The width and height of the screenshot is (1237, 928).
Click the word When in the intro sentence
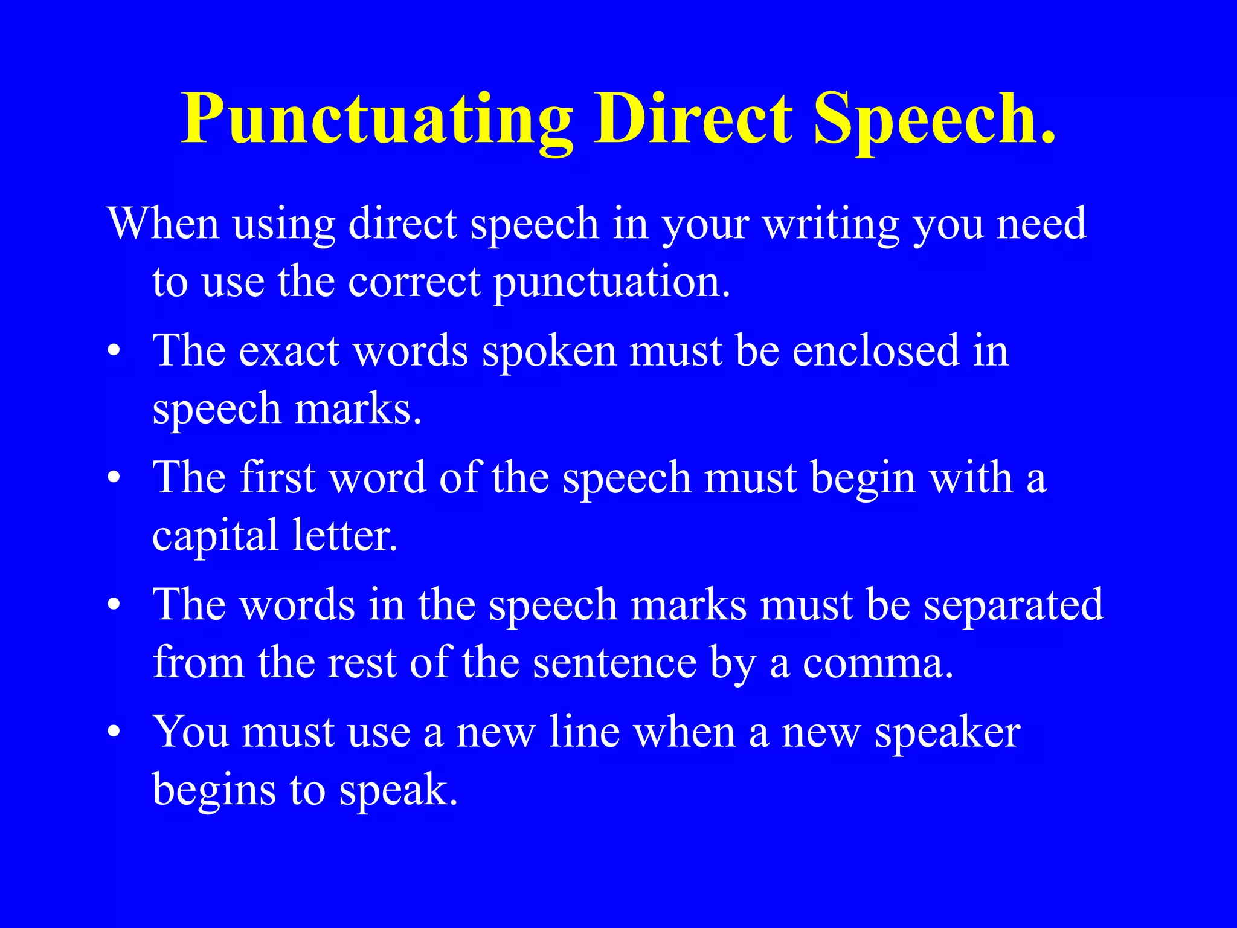[x=162, y=224]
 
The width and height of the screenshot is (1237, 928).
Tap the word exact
[x=289, y=350]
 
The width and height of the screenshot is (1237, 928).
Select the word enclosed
[x=876, y=350]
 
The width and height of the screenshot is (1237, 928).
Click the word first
[x=277, y=477]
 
